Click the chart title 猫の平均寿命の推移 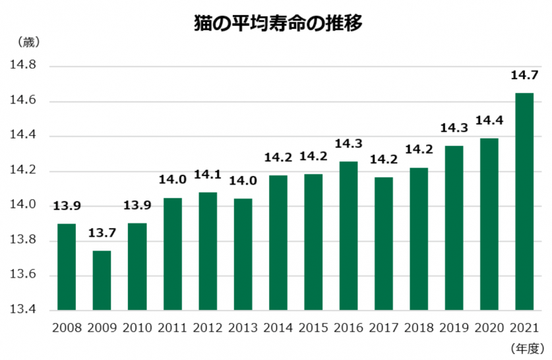pyautogui.click(x=278, y=24)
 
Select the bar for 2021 pyautogui.click(x=524, y=202)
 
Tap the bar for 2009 pyautogui.click(x=102, y=280)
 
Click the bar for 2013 pyautogui.click(x=242, y=254)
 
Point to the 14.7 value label pyautogui.click(x=524, y=76)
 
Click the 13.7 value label pyautogui.click(x=102, y=235)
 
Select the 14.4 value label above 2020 pyautogui.click(x=489, y=121)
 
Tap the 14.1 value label pyautogui.click(x=207, y=176)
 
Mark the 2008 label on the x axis pyautogui.click(x=67, y=328)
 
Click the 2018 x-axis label pyautogui.click(x=418, y=328)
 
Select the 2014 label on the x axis pyautogui.click(x=278, y=328)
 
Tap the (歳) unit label pyautogui.click(x=26, y=42)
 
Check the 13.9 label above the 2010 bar pyautogui.click(x=137, y=206)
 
